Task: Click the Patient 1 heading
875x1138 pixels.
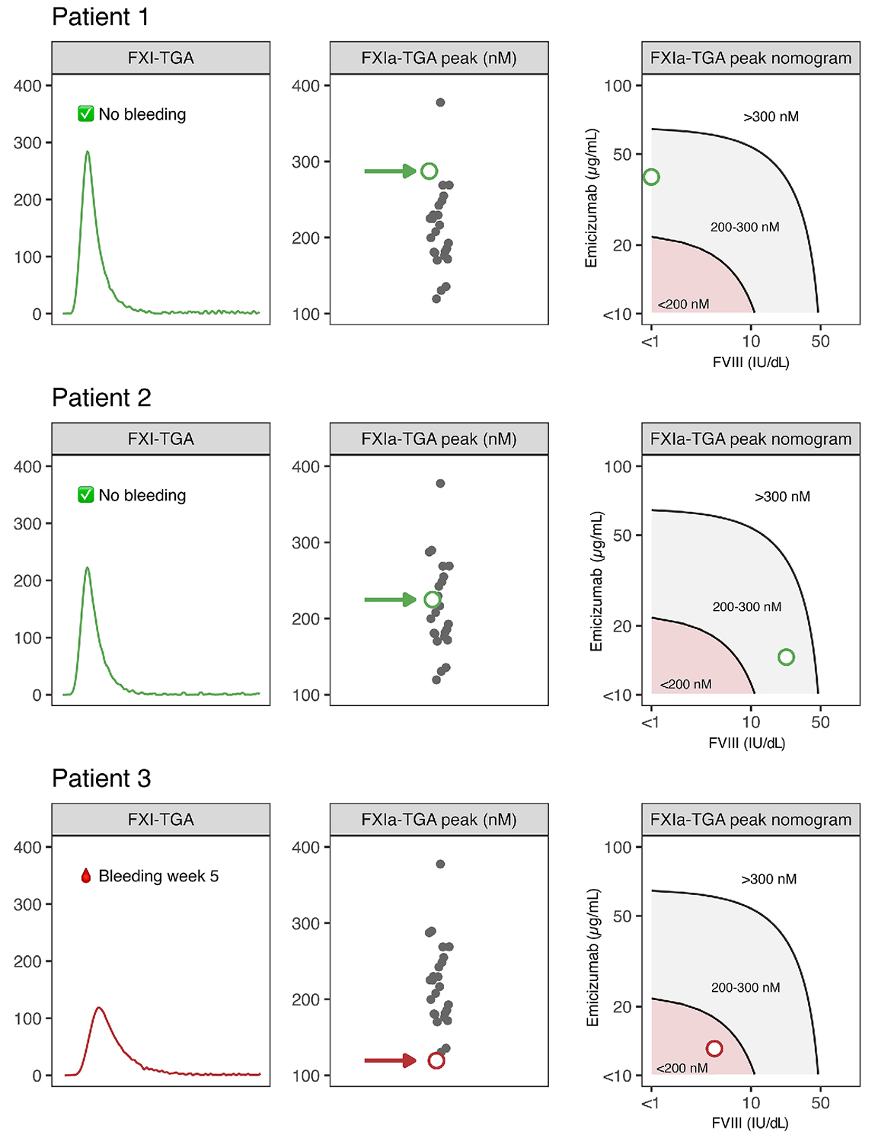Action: point(101,17)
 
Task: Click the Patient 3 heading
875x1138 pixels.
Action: point(101,778)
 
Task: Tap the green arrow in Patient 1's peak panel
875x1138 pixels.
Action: point(389,171)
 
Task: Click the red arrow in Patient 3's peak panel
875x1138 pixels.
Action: point(389,1060)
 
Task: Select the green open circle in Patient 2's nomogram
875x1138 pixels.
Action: point(786,657)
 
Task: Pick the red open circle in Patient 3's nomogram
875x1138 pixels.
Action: point(714,1049)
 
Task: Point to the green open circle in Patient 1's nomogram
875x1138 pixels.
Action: point(651,177)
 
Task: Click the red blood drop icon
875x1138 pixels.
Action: point(86,876)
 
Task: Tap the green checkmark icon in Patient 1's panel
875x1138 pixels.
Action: point(86,114)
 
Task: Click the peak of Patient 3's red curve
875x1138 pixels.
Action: point(99,1008)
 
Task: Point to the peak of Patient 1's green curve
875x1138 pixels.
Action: point(88,152)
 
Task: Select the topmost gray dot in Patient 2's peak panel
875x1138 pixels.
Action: point(440,484)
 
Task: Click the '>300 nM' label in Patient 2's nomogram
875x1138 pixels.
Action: point(782,497)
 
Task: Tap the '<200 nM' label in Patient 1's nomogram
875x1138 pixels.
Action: point(683,304)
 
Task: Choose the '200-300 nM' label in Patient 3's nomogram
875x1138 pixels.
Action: point(746,987)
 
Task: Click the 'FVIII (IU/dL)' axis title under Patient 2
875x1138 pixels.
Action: point(746,743)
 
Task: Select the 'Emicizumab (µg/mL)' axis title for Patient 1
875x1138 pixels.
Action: point(592,198)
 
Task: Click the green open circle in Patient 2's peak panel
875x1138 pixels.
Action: point(433,600)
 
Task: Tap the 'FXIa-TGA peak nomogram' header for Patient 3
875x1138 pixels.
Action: point(750,820)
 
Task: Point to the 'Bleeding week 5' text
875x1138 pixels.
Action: point(158,876)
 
